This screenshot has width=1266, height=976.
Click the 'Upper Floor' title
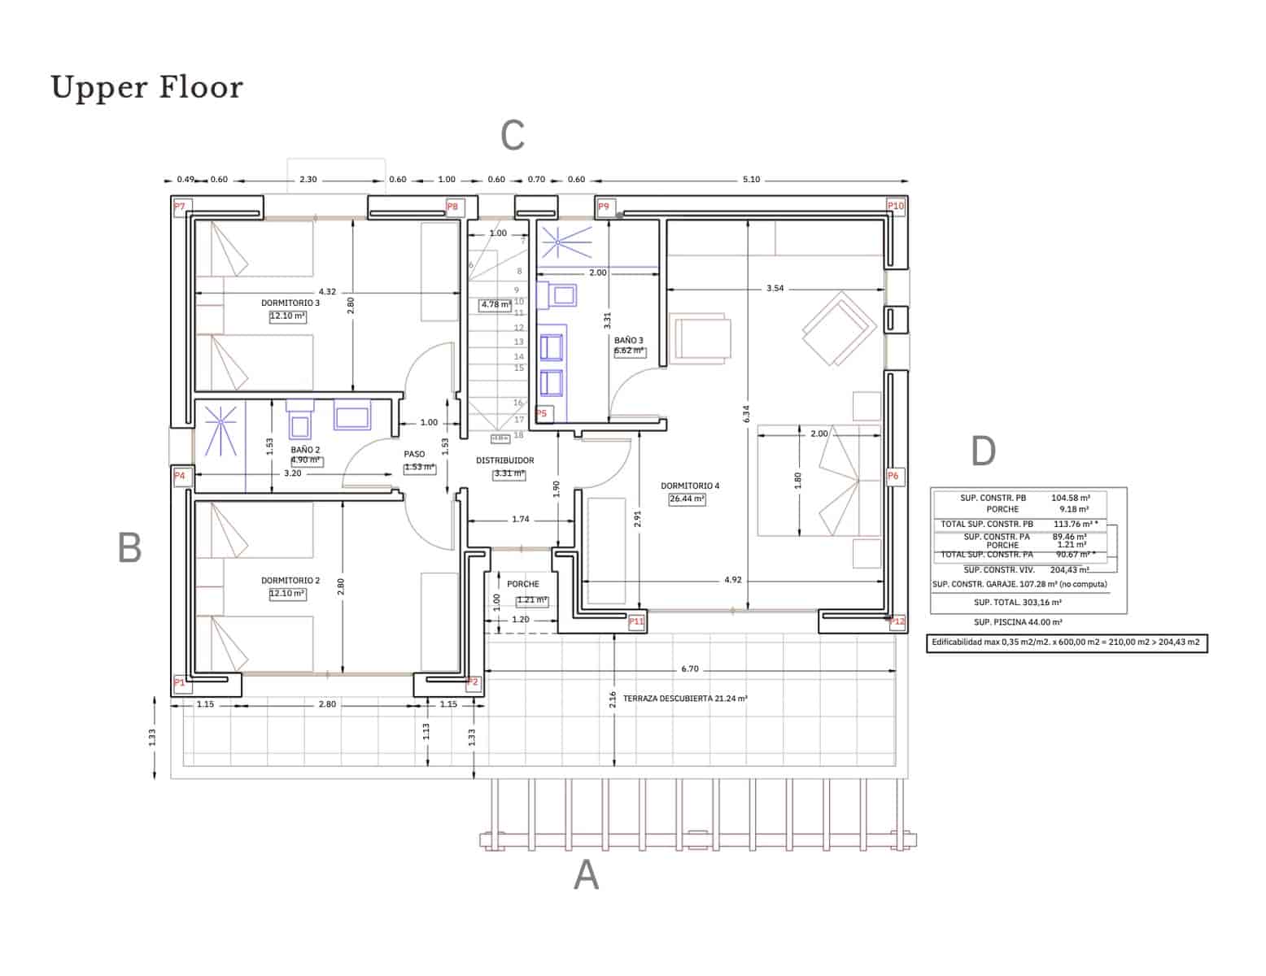pyautogui.click(x=147, y=88)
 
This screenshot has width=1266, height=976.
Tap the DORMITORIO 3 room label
pyautogui.click(x=290, y=303)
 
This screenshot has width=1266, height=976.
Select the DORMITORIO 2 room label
pyautogui.click(x=290, y=581)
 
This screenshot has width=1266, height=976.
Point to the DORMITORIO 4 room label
pyautogui.click(x=690, y=486)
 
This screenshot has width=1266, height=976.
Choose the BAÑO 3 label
pyautogui.click(x=628, y=340)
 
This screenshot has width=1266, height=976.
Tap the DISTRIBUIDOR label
pyautogui.click(x=504, y=460)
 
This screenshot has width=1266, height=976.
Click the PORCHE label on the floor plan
pyautogui.click(x=522, y=584)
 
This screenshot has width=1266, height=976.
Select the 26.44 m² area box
pyautogui.click(x=687, y=499)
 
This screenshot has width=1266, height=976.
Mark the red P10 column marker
pyautogui.click(x=895, y=207)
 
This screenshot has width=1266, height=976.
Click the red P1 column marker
pyautogui.click(x=180, y=683)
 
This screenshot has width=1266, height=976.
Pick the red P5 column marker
pyautogui.click(x=542, y=413)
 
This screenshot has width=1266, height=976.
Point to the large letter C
pyautogui.click(x=512, y=136)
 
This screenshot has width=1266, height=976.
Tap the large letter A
pyautogui.click(x=586, y=876)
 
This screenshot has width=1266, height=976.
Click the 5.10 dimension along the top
pyautogui.click(x=751, y=180)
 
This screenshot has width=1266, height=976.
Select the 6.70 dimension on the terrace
pyautogui.click(x=689, y=669)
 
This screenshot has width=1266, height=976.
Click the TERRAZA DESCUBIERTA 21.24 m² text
pyautogui.click(x=685, y=699)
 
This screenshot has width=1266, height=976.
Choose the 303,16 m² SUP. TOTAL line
pyautogui.click(x=1017, y=603)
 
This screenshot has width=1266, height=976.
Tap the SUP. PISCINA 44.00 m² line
pyautogui.click(x=1017, y=622)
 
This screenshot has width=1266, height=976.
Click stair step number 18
pyautogui.click(x=518, y=435)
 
